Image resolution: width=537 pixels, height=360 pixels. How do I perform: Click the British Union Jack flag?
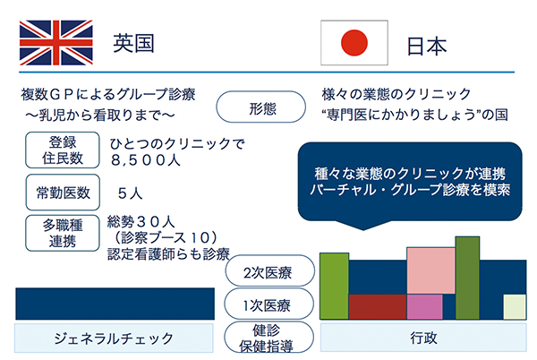[56, 43]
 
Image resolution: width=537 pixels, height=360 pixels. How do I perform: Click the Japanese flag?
[354, 42]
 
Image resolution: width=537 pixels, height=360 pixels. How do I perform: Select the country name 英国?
[134, 43]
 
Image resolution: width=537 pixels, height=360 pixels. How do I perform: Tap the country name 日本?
[427, 47]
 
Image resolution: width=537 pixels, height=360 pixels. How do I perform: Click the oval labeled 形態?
[261, 107]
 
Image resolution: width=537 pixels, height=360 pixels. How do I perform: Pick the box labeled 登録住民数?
[63, 150]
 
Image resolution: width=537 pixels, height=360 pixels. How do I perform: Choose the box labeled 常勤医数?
[63, 193]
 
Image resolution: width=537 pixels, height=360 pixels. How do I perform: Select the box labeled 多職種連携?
[63, 233]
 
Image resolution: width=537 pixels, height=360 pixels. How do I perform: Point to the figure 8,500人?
[146, 160]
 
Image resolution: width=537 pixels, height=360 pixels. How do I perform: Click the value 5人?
[130, 193]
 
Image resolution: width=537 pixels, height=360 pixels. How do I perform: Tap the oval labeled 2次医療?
[270, 271]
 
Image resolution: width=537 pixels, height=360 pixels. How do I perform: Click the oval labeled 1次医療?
[268, 304]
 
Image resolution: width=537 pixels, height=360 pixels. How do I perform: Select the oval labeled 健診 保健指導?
[268, 338]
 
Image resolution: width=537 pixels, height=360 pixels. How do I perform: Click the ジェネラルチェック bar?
[114, 339]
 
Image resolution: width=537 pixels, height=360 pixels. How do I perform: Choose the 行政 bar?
[423, 338]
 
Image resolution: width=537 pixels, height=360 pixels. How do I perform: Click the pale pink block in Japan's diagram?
[430, 270]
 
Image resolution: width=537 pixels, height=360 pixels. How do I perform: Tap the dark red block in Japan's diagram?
[378, 307]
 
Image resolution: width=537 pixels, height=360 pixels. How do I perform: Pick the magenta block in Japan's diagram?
[424, 307]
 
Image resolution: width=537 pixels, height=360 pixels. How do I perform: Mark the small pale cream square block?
[515, 307]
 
